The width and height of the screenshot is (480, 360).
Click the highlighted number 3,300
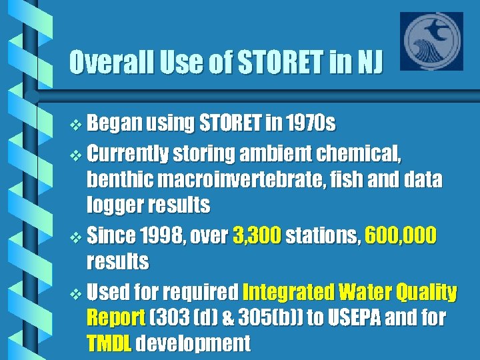click(257, 236)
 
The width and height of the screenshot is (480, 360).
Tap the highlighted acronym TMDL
click(110, 343)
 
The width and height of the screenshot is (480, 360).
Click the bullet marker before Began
click(76, 125)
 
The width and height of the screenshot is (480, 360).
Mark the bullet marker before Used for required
click(76, 293)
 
